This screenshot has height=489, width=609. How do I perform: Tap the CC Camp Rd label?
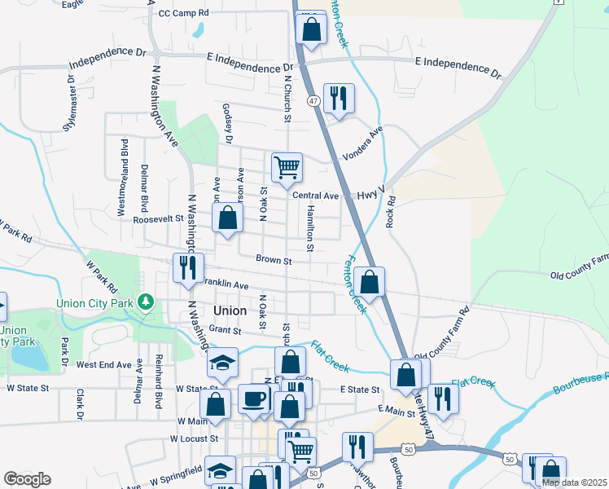tap(184, 13)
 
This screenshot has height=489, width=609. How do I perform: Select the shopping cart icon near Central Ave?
tap(287, 167)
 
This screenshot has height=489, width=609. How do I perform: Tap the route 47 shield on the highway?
tap(313, 99)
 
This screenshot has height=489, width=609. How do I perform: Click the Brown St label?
tap(274, 261)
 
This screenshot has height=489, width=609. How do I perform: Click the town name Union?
tap(229, 311)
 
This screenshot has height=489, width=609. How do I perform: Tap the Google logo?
tap(27, 479)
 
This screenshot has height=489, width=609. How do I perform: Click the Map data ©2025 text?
tap(574, 482)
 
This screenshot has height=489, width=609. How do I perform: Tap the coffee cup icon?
tap(255, 399)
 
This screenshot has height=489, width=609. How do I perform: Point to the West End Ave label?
tap(103, 365)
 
